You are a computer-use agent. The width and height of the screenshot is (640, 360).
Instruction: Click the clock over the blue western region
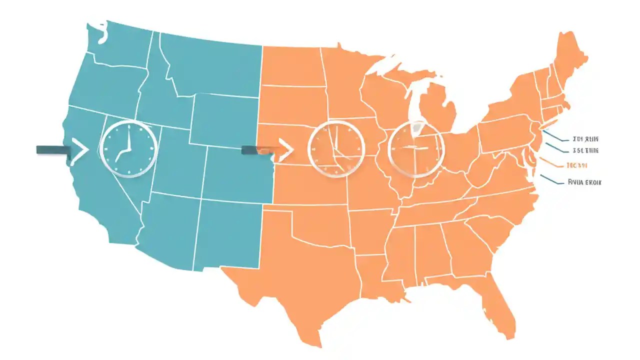click(129, 148)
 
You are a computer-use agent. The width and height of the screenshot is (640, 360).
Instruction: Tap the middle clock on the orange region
click(333, 148)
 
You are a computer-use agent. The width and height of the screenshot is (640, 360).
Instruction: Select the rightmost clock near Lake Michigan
click(416, 148)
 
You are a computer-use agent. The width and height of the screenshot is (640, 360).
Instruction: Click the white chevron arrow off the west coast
click(79, 150)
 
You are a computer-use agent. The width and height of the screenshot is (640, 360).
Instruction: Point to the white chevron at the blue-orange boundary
click(285, 150)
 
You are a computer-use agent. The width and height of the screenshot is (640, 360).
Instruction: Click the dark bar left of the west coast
click(52, 150)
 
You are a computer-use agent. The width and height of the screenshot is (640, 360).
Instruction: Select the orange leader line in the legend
click(551, 163)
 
